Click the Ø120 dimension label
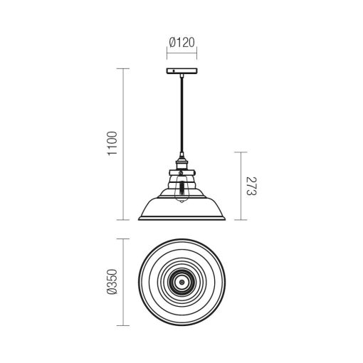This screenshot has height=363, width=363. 182,43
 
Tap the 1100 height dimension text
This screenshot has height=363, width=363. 112,143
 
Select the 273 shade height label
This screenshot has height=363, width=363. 251,186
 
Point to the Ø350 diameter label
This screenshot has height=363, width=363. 112,282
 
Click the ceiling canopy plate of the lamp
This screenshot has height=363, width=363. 181,70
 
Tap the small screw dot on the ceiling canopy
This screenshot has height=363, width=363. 174,70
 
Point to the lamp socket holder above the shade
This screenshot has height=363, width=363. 181,164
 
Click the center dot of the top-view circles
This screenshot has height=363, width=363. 181,283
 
